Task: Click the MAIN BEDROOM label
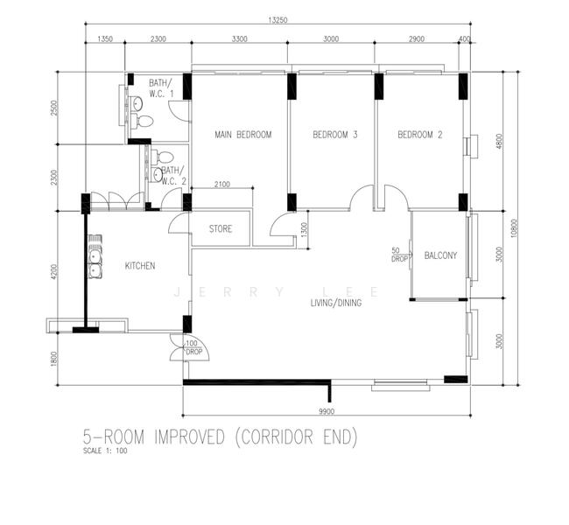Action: [243, 135]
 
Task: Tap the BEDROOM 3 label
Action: [335, 135]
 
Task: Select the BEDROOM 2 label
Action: [420, 135]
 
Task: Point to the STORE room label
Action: [221, 229]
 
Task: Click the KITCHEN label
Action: [140, 266]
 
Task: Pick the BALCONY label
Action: [440, 255]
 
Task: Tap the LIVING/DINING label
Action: [336, 303]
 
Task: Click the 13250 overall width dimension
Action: [277, 20]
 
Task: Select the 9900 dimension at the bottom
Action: [327, 411]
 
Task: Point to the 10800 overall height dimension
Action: [514, 228]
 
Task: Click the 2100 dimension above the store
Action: [222, 185]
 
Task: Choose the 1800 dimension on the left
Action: [54, 359]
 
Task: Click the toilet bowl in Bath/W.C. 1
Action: [142, 121]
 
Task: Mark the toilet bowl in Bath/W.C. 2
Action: [163, 157]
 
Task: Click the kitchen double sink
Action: [95, 257]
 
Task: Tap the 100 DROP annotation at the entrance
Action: [193, 347]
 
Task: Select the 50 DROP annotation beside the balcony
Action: [398, 255]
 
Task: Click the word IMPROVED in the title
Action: [190, 437]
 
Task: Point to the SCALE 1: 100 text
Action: [105, 451]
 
